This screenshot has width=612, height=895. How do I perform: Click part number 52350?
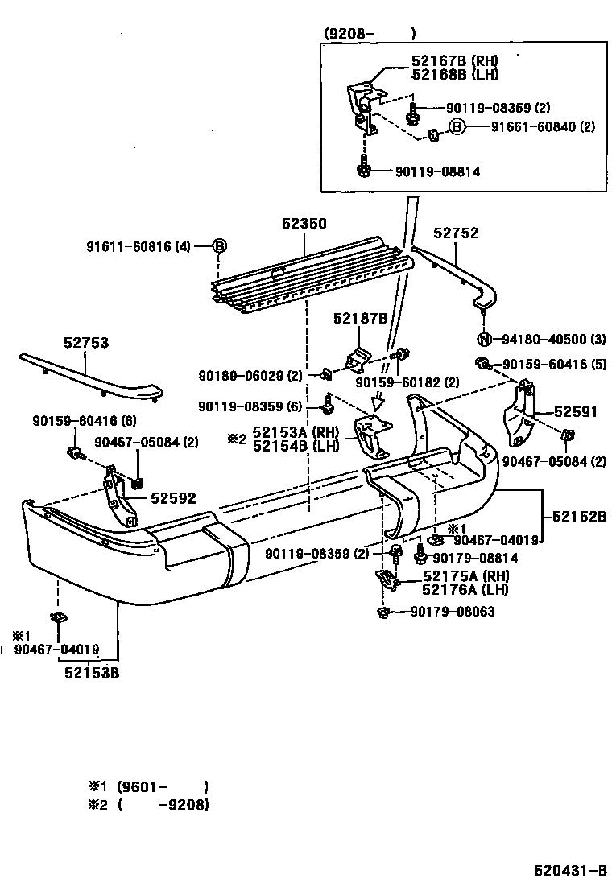tap(304, 223)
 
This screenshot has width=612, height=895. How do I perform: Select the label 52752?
tap(456, 233)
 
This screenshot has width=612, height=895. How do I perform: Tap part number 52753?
tap(86, 343)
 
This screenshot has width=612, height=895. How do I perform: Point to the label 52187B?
tap(361, 319)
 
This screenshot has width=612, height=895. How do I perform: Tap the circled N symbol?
tap(485, 339)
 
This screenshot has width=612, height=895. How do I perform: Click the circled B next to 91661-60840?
tap(457, 126)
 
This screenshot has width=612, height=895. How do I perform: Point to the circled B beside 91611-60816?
tap(219, 246)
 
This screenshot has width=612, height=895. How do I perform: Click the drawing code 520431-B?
tap(569, 871)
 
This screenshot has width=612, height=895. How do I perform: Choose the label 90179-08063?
tap(452, 612)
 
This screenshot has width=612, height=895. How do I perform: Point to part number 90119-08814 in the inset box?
tap(437, 171)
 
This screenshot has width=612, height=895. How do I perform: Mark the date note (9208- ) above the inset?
tap(370, 33)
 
